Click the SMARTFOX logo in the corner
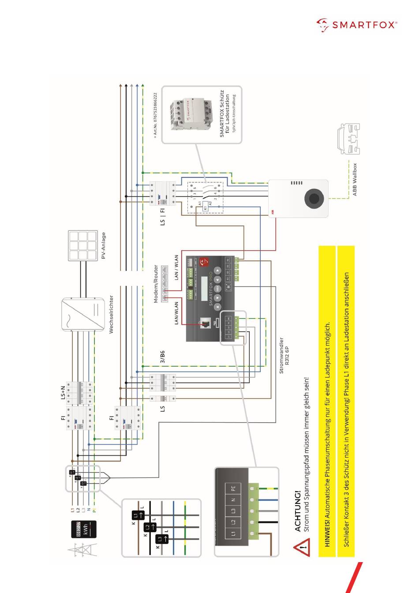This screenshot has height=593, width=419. [x=356, y=25]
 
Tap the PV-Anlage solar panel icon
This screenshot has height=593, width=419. [x=83, y=245]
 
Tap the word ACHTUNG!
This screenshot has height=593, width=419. [x=298, y=511]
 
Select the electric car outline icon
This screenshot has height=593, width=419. [x=348, y=139]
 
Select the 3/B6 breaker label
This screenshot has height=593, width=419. [x=162, y=357]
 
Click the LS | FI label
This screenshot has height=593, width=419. [x=162, y=216]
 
